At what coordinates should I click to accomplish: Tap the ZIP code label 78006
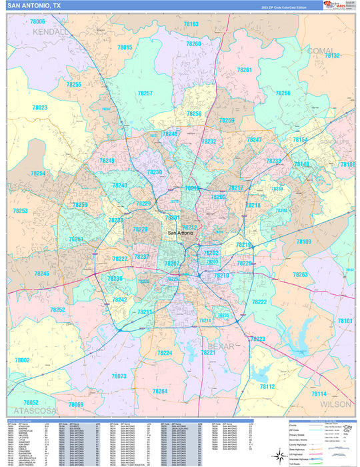(x=38, y=22)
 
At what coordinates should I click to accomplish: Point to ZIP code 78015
(x=125, y=47)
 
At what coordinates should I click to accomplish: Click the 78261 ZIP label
(x=245, y=70)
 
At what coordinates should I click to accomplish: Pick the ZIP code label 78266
(x=282, y=93)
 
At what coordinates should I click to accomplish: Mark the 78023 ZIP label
(x=39, y=107)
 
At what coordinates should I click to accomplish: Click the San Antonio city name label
(x=181, y=233)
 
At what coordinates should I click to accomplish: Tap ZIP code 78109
(x=304, y=242)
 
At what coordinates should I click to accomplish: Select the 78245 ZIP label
(x=42, y=274)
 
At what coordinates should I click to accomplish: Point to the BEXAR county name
(x=221, y=347)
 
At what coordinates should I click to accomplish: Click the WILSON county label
(x=335, y=404)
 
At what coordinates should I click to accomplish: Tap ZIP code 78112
(x=267, y=386)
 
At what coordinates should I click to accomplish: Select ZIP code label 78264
(x=160, y=391)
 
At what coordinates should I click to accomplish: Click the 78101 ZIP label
(x=345, y=321)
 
